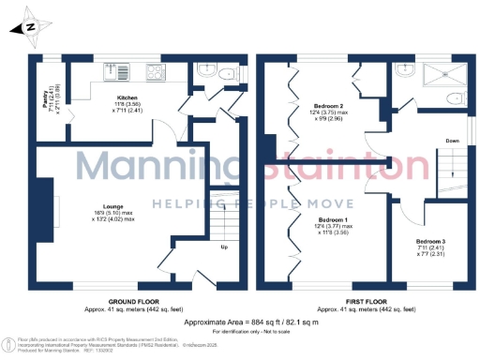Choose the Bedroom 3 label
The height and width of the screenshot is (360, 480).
pyautogui.click(x=430, y=242)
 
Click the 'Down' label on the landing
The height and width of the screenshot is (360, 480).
pyautogui.click(x=452, y=141)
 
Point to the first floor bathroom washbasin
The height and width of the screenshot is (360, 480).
pyautogui.click(x=405, y=70)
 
